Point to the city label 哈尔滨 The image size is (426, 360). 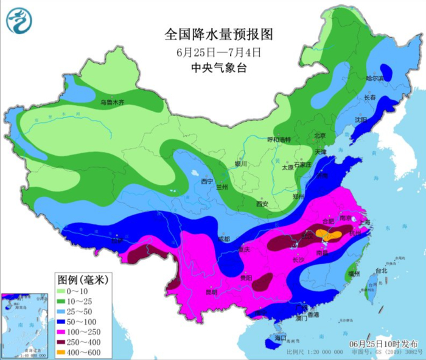(374, 78)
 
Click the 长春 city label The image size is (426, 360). (371, 97)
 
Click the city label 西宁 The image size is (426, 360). (208, 181)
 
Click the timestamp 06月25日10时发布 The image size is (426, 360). (381, 344)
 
